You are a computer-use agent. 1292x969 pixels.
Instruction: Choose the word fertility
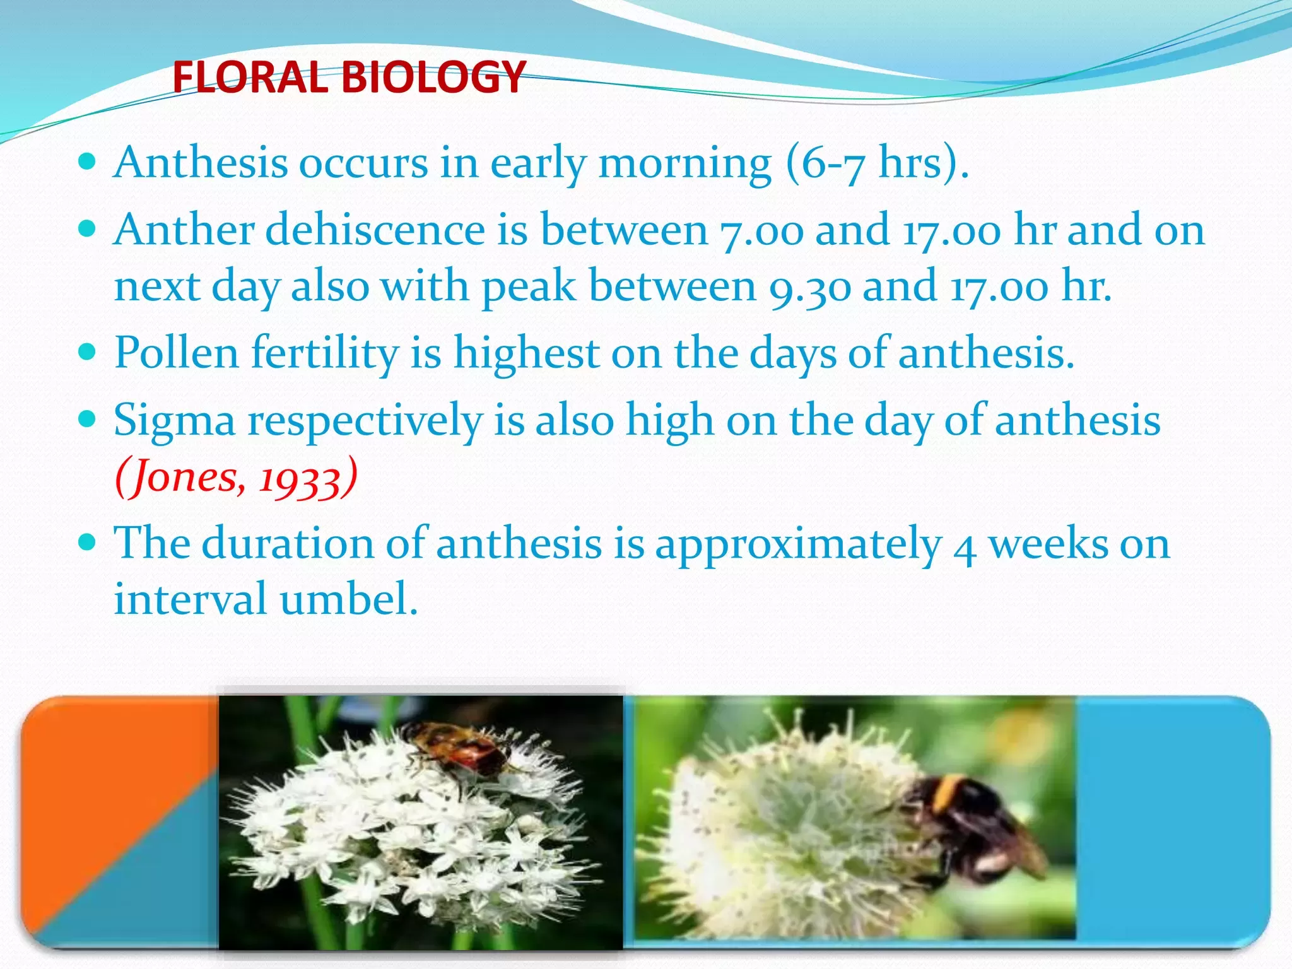(325, 353)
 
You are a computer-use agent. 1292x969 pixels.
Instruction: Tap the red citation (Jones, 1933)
(236, 477)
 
